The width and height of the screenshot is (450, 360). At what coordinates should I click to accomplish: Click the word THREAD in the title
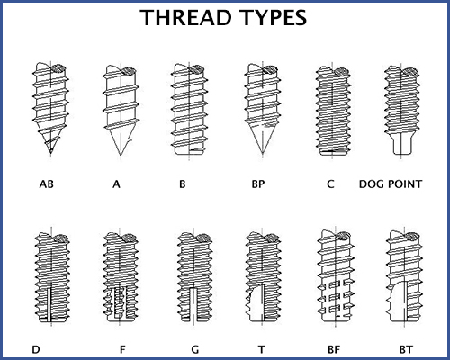[x=185, y=17]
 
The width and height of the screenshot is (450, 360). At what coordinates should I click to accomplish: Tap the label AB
[x=47, y=184]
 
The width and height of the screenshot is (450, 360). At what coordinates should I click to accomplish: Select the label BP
[x=258, y=184]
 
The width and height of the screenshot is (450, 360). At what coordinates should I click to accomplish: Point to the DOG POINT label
[x=391, y=184]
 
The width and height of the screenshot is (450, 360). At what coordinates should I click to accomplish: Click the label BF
[x=334, y=349]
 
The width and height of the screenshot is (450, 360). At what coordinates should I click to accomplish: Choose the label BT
[x=406, y=349]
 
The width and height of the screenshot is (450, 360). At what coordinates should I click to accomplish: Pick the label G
[x=195, y=349]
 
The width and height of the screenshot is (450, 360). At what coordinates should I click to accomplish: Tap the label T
[x=262, y=349]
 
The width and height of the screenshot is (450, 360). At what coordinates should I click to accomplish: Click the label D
[x=36, y=349]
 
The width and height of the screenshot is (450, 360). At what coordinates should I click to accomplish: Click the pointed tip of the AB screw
[x=51, y=154]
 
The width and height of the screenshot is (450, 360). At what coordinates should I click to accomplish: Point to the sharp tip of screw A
[x=121, y=156]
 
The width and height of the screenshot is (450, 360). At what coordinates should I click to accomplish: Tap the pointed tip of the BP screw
[x=263, y=155]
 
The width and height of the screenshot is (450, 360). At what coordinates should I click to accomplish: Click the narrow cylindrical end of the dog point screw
[x=401, y=145]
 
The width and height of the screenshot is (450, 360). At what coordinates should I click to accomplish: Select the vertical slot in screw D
[x=49, y=303]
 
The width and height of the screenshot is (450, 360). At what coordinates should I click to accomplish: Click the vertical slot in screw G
[x=193, y=304]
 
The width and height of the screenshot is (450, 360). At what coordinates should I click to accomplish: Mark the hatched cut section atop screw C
[x=341, y=72]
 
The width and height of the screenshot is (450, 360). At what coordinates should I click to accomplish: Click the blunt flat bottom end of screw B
[x=189, y=152]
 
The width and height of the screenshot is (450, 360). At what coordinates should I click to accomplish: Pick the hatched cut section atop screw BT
[x=411, y=236]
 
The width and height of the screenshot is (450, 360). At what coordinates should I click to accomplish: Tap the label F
[x=122, y=349]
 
